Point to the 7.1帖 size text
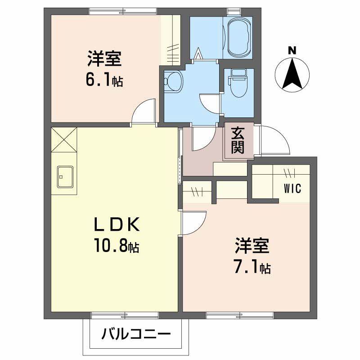tap(252, 267)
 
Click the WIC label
tap(292, 188)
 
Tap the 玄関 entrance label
tap(238, 140)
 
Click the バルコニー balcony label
tap(136, 334)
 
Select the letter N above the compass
tap(292, 51)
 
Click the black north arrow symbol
tap(292, 74)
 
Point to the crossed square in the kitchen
tap(63, 140)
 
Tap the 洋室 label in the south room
tap(252, 246)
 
